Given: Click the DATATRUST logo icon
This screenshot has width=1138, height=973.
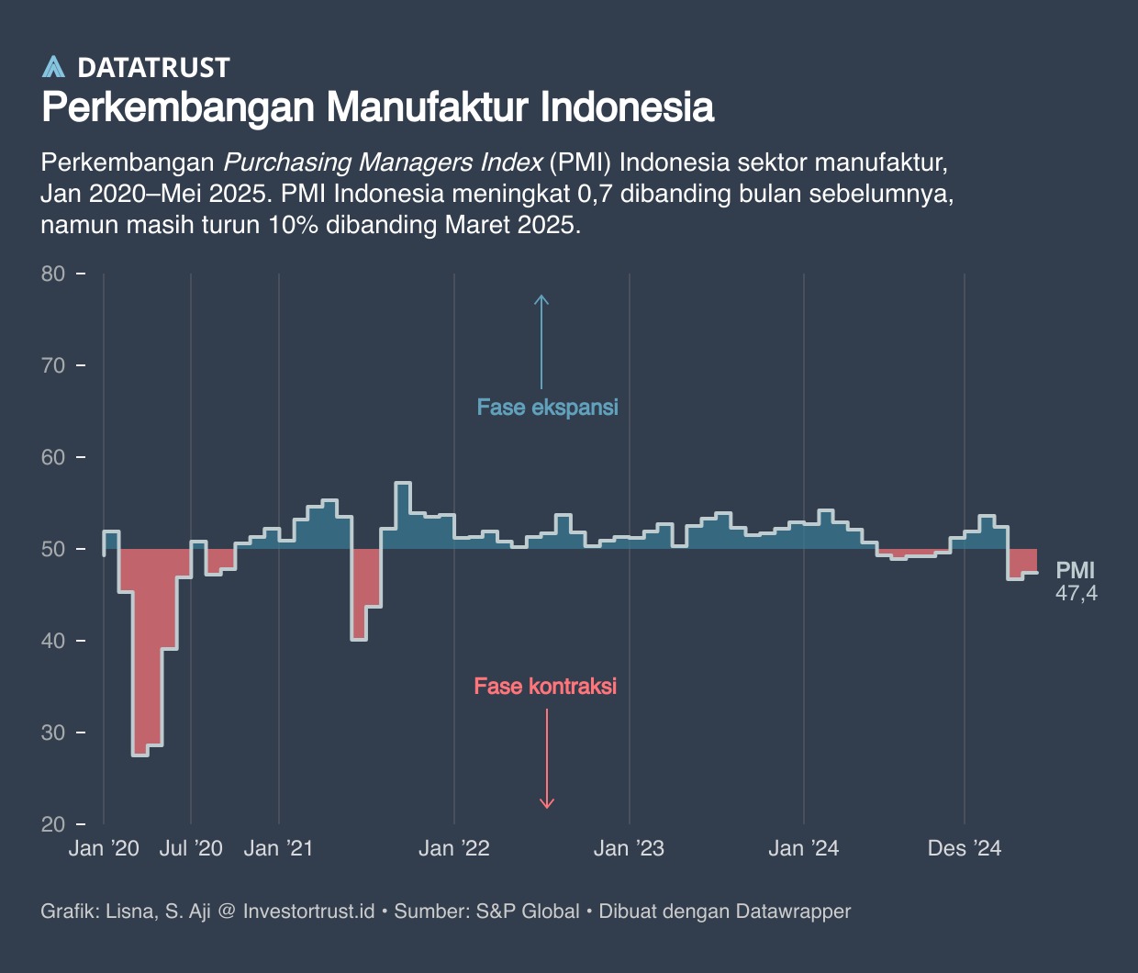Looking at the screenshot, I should pos(54,66).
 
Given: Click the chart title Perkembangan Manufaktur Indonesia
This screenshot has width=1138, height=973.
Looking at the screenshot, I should pos(377,107).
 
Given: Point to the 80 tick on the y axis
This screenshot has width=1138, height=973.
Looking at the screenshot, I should pos(53,274).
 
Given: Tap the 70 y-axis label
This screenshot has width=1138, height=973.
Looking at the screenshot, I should pos(53,365).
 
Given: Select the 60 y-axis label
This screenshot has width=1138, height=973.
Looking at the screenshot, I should pos(53,457).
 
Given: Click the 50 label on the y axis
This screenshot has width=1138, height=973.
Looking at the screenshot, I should pos(53,549).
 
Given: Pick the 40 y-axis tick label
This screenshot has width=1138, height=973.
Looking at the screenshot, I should pos(53,641).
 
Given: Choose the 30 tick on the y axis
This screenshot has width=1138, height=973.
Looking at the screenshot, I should pos(53,733).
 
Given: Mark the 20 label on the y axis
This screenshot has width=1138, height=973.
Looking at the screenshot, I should pos(53,824).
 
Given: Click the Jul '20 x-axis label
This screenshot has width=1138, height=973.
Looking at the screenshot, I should pos(191,848).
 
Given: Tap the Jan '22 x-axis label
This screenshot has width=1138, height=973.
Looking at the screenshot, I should pos(454,848).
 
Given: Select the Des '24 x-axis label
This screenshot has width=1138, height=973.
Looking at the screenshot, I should pos(965,848).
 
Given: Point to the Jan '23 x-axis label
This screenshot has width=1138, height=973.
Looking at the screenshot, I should pos(629,848).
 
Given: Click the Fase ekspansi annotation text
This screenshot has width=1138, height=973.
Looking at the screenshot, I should pos(548,408).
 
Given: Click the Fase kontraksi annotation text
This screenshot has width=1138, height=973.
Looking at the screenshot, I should pos(545,686).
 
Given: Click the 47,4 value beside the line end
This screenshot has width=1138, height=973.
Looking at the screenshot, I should pos(1076,594).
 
